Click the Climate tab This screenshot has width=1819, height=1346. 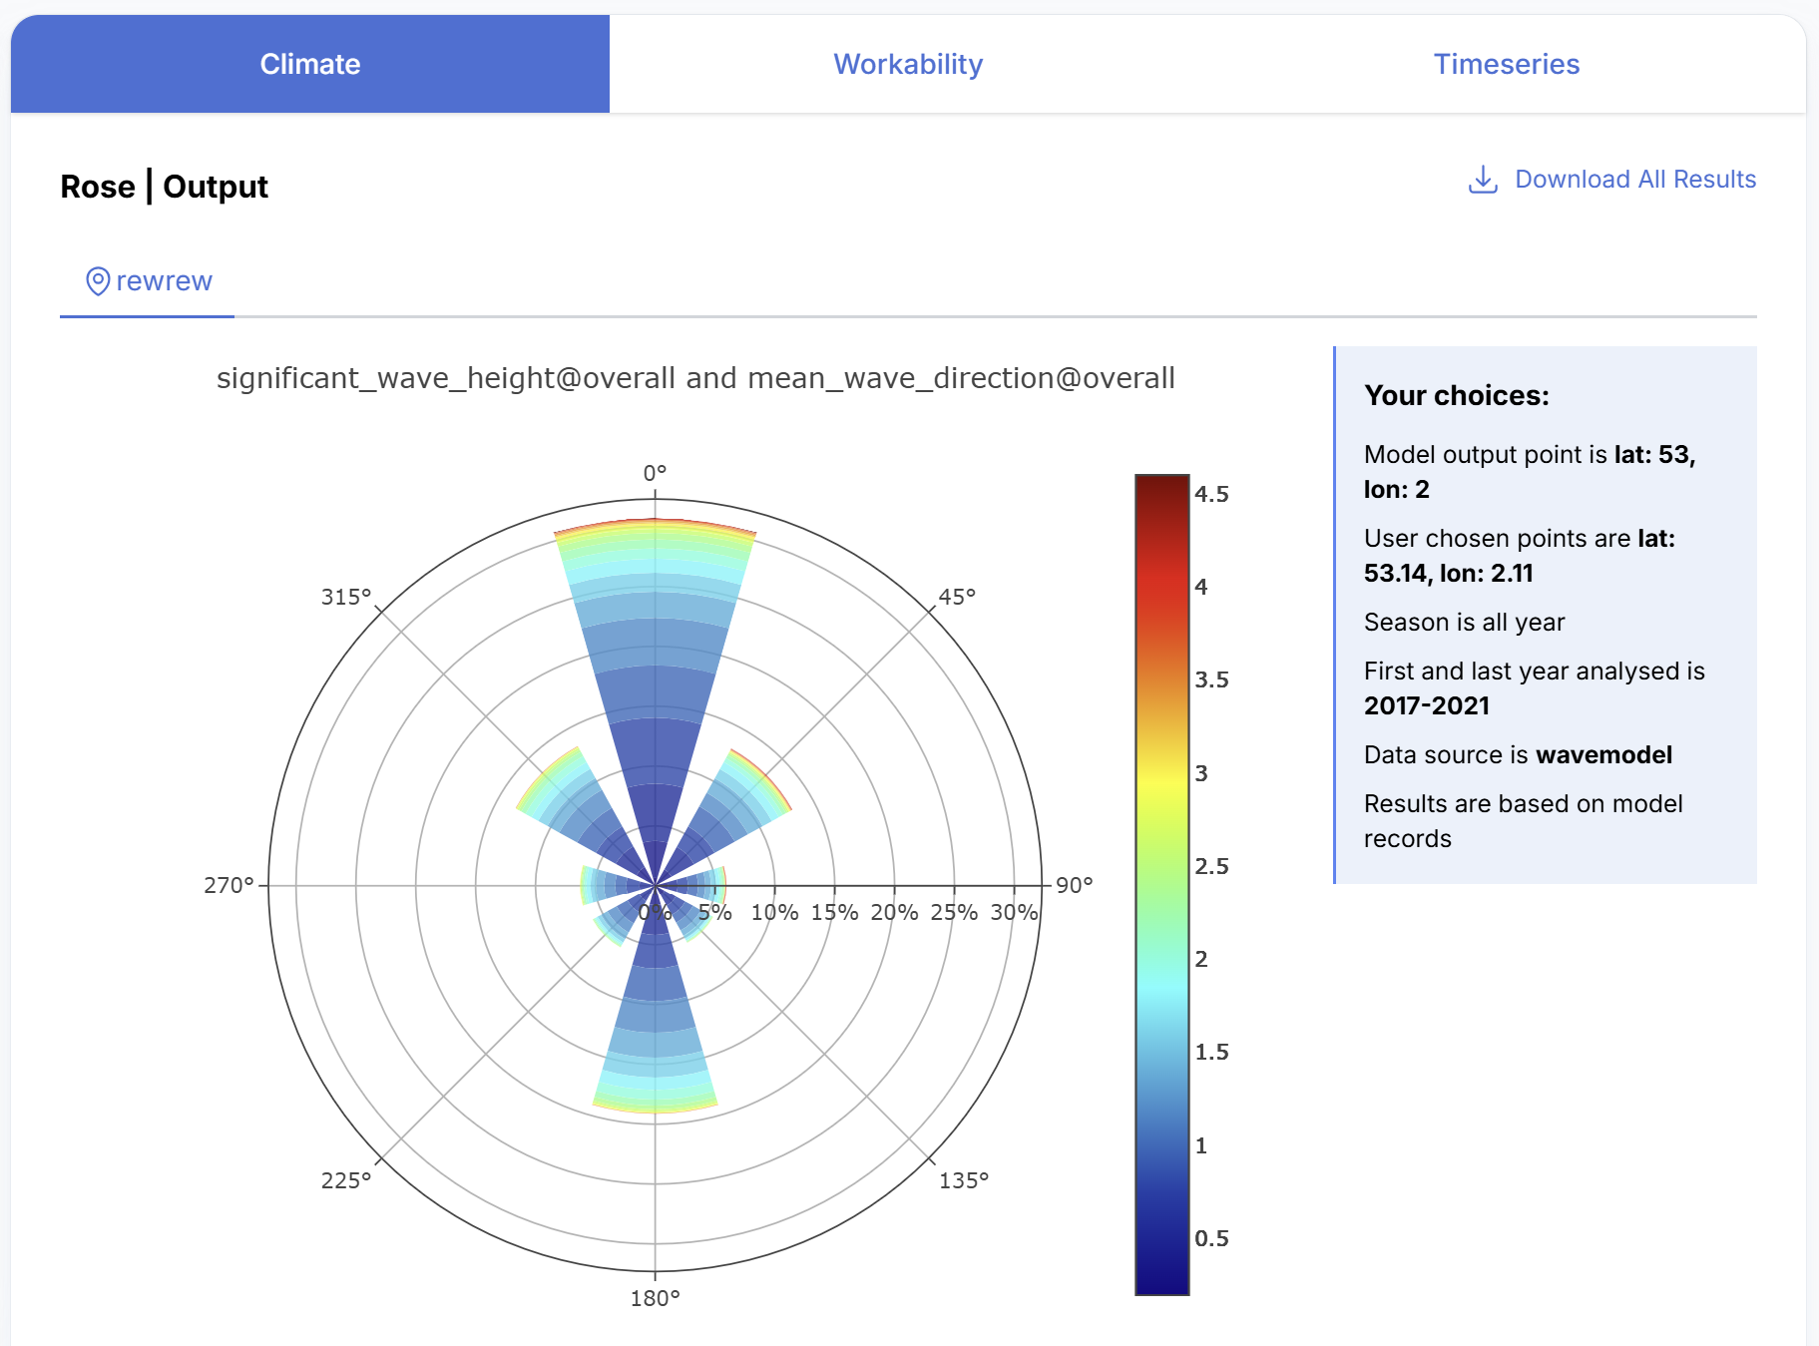(310, 64)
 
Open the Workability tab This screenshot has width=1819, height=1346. (908, 64)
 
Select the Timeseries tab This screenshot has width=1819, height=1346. (1507, 64)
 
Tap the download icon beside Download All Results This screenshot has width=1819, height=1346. (1483, 180)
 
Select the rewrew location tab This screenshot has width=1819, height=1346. (148, 281)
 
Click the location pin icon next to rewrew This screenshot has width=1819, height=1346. (98, 281)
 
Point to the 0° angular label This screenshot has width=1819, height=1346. (655, 472)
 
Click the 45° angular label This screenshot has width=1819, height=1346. (957, 597)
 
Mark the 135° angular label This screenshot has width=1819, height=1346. (964, 1180)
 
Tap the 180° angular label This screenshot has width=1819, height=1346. (655, 1298)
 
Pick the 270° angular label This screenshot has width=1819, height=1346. (228, 885)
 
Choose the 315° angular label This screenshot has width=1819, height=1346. (346, 597)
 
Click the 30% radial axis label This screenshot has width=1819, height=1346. (1014, 912)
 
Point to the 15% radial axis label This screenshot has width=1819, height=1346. (834, 912)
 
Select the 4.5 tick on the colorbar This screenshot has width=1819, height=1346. (1211, 494)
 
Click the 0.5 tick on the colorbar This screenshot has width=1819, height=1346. (1211, 1238)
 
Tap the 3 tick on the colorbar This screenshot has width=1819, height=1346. (1201, 773)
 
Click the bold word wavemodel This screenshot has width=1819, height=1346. (1603, 754)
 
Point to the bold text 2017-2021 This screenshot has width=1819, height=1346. (1426, 705)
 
